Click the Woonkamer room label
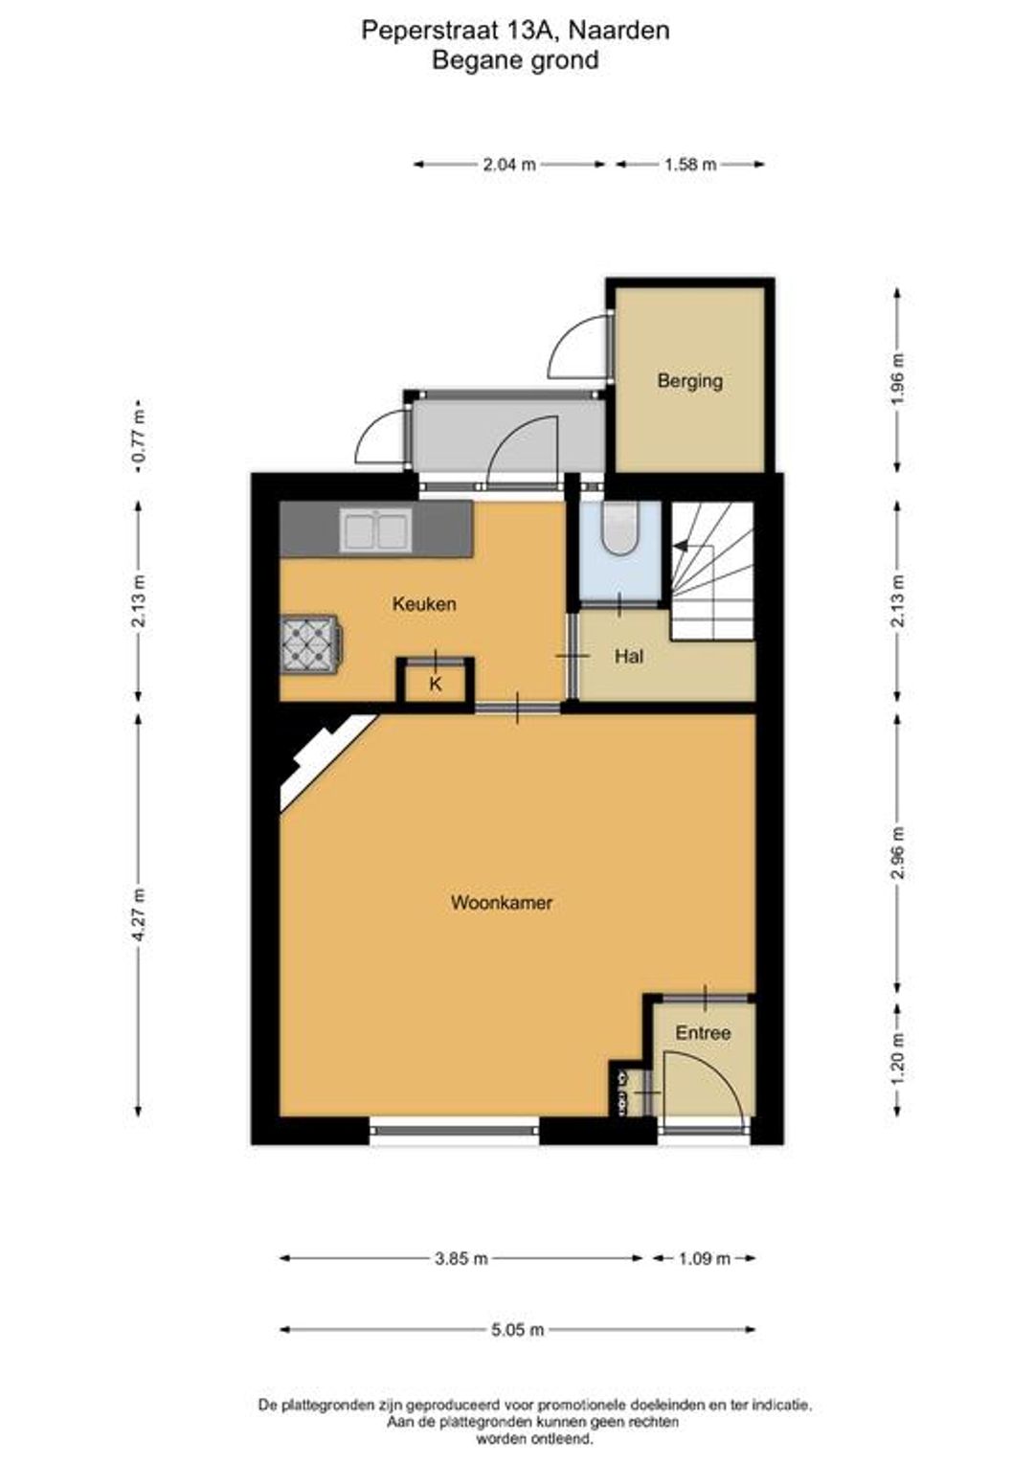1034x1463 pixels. pos(502,903)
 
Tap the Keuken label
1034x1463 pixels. pos(424,603)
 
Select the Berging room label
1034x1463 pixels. pos(689,380)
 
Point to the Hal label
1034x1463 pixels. pos(628,656)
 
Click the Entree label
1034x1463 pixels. pos(703,1032)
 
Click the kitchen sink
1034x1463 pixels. pos(375,529)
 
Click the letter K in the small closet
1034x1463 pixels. pos(435,684)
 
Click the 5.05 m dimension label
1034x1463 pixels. pos(517,1328)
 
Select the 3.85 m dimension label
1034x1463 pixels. pos(461,1257)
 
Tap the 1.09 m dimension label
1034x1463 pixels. pos(704,1257)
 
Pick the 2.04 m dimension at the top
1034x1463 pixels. pos(509,164)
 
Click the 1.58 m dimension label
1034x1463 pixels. pos(690,164)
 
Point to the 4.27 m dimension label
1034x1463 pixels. pos(138,915)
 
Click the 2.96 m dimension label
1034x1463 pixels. pos(898,853)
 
